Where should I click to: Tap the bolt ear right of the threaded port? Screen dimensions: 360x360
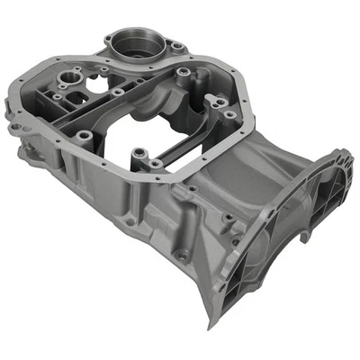coord(178,46)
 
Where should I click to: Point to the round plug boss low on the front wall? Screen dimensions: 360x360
coord(182,256)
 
